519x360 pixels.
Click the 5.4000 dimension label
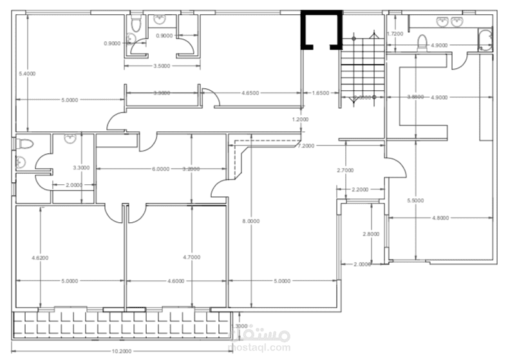[28, 73]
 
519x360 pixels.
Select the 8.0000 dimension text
[250, 221]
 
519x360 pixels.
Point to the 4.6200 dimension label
[41, 258]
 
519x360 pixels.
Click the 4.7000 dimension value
[192, 258]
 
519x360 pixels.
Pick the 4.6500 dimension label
[250, 93]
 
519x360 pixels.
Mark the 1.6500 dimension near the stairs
[320, 93]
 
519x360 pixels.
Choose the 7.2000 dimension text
[305, 146]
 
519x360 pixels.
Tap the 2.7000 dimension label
[346, 171]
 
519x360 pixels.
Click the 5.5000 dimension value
[416, 201]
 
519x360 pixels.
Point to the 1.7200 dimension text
[395, 33]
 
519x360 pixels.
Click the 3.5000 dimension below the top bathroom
[162, 66]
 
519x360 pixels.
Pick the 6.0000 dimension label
[160, 169]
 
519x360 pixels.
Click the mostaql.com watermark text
[259, 348]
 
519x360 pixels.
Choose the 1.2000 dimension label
[300, 119]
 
